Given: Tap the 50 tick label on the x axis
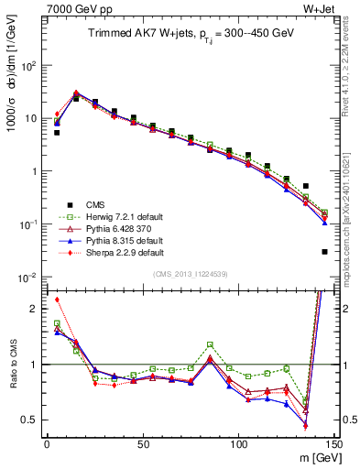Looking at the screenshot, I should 142,443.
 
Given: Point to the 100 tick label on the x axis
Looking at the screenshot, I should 238,443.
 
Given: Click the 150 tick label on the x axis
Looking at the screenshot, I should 333,443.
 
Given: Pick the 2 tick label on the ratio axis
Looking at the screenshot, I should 34,309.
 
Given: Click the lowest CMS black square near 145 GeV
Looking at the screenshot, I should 324,252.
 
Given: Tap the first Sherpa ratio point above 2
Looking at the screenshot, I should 57,300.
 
